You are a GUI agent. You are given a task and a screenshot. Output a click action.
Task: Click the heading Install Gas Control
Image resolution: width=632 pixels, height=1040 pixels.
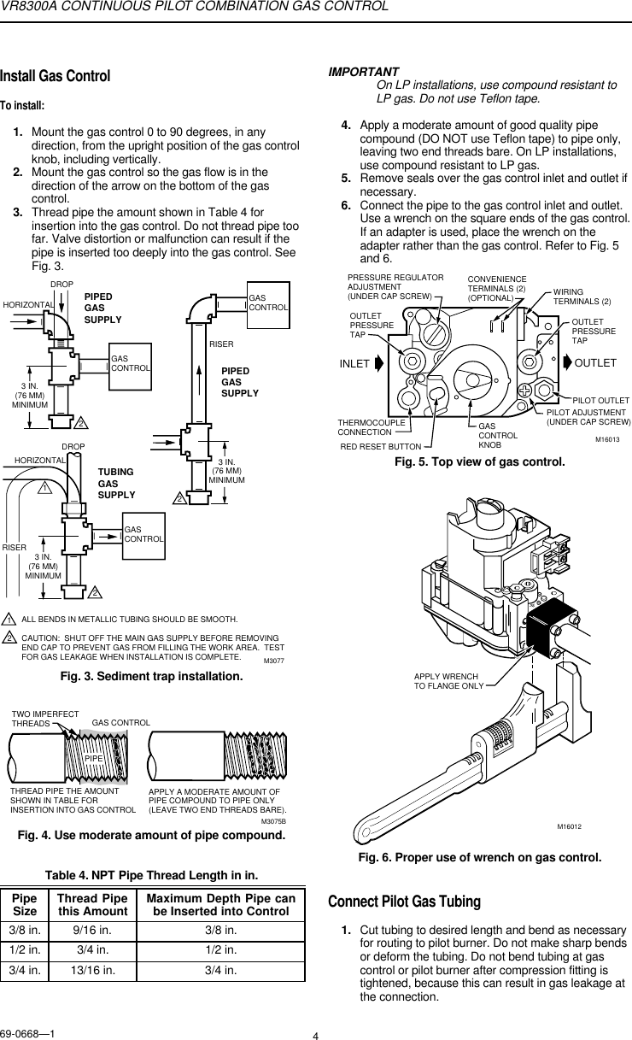[56, 76]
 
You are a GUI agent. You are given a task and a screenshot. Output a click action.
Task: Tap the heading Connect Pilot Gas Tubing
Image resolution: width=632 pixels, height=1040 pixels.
[405, 902]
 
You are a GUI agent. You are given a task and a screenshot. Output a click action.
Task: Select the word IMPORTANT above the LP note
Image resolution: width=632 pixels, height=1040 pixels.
[364, 72]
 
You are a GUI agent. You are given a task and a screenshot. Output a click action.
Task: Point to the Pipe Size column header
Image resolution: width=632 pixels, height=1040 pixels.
[24, 905]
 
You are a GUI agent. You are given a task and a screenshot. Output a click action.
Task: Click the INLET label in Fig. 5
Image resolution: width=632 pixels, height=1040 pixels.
[354, 362]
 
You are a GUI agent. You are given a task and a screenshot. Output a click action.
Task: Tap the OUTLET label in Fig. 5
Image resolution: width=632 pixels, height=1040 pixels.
[596, 362]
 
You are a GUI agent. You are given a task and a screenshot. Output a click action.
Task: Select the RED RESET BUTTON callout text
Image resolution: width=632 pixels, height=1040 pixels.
[381, 446]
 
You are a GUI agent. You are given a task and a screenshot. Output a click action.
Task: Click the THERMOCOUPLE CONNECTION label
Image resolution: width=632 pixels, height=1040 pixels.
[365, 427]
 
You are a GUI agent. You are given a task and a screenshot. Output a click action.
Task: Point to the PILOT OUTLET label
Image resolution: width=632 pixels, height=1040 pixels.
[600, 400]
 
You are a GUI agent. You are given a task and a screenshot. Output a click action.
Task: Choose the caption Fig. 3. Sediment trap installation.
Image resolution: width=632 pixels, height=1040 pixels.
[151, 676]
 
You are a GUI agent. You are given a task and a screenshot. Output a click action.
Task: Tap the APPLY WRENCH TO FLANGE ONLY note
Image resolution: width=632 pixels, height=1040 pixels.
[449, 680]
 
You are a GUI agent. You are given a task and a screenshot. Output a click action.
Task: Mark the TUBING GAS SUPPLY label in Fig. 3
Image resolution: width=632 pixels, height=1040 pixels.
[116, 484]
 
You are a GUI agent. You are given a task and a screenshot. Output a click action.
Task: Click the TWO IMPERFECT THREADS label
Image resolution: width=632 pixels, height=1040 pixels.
[44, 718]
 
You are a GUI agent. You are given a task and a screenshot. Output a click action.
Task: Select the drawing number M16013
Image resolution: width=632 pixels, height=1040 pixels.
[606, 439]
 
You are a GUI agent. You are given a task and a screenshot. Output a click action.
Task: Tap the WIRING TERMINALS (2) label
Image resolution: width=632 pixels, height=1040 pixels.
[582, 297]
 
